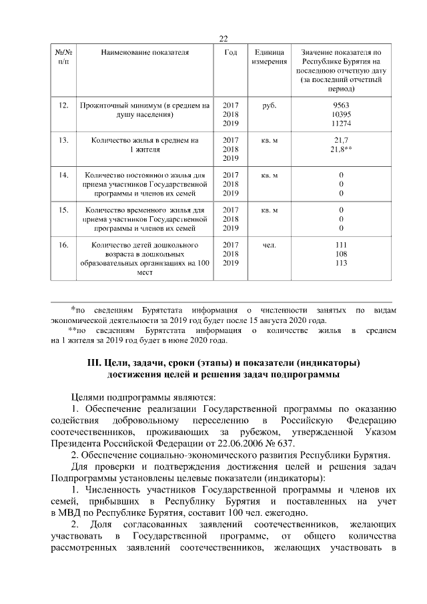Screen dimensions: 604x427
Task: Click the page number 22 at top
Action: (x=224, y=38)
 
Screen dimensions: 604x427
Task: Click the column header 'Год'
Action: (x=230, y=52)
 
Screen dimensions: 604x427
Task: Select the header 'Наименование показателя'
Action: (x=145, y=52)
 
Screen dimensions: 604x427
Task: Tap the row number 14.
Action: (x=64, y=175)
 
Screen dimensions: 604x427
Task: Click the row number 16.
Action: (x=64, y=245)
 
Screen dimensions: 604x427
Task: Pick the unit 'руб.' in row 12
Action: (x=270, y=105)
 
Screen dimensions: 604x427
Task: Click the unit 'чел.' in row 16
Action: (x=270, y=245)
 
